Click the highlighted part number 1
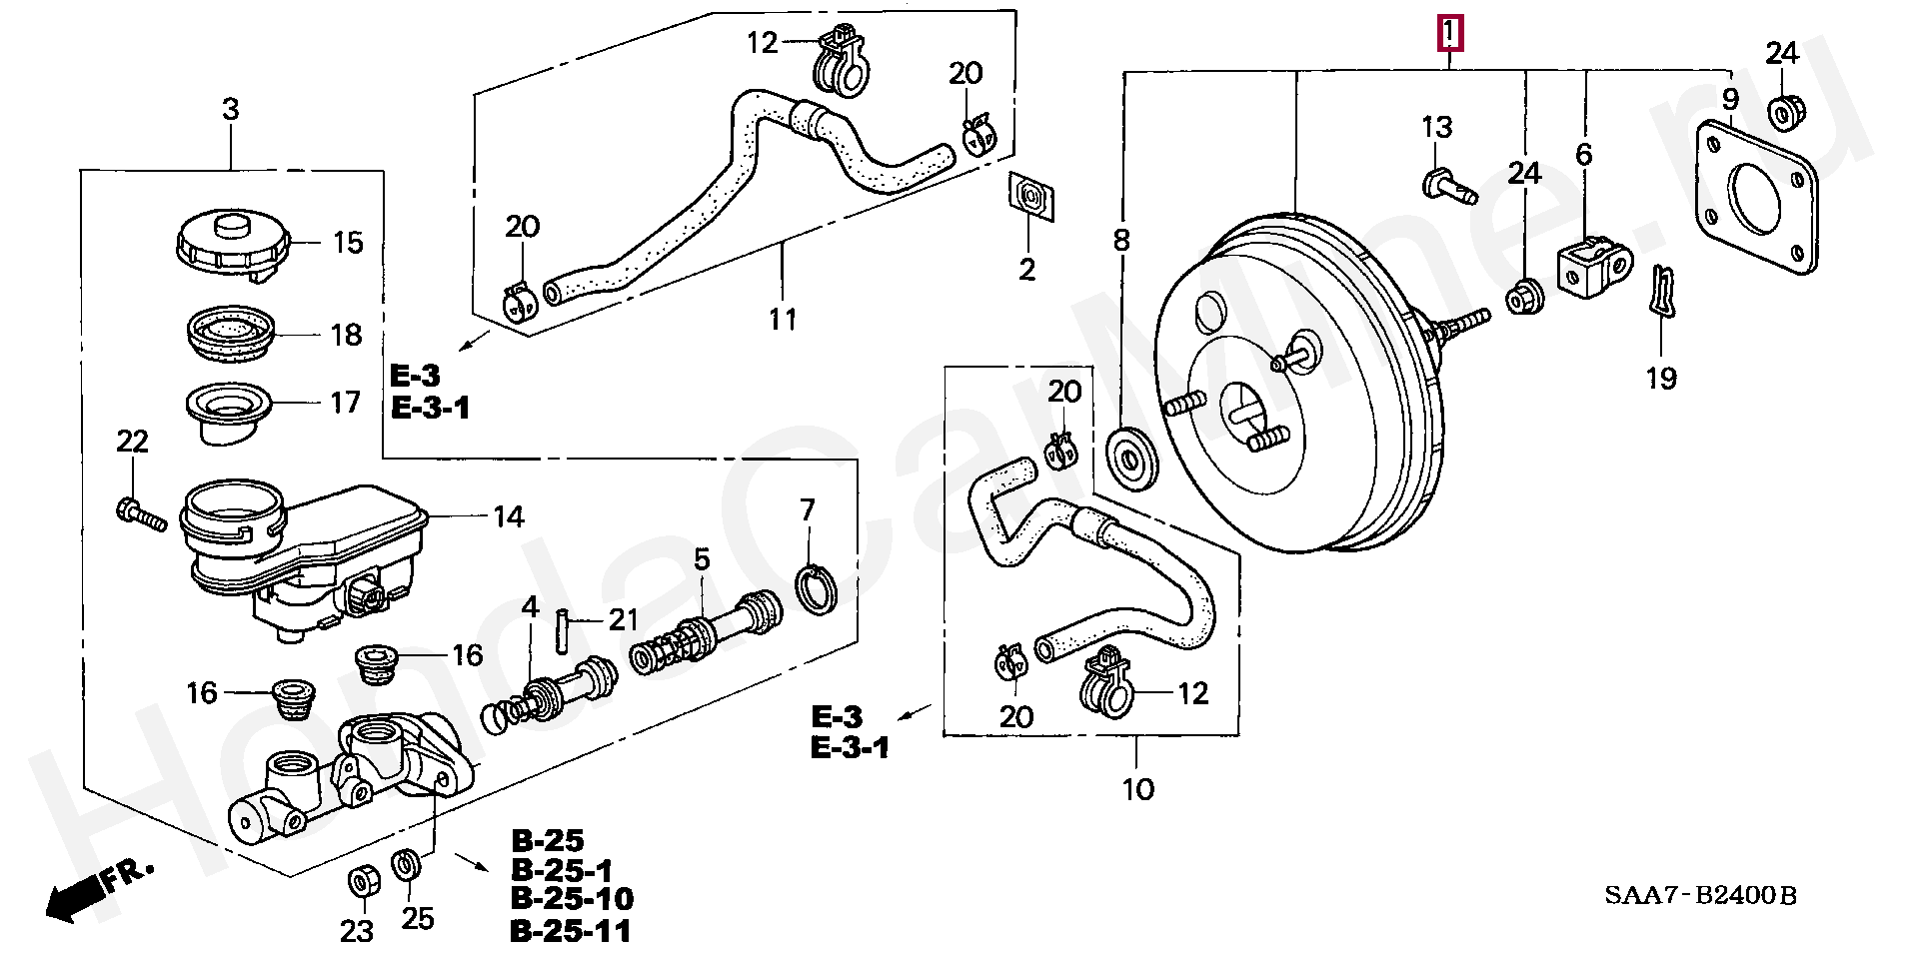click(x=1450, y=34)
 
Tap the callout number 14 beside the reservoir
click(x=508, y=516)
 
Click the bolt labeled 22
click(x=140, y=512)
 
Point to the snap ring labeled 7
click(x=816, y=588)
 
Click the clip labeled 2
click(x=1031, y=197)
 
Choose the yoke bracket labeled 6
click(x=1593, y=268)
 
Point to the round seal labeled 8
click(x=1132, y=461)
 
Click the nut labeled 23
click(x=361, y=882)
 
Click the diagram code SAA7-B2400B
click(x=1700, y=895)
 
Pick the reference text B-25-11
click(x=571, y=931)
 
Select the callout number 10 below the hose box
click(x=1137, y=790)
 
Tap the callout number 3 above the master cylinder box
click(x=231, y=110)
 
